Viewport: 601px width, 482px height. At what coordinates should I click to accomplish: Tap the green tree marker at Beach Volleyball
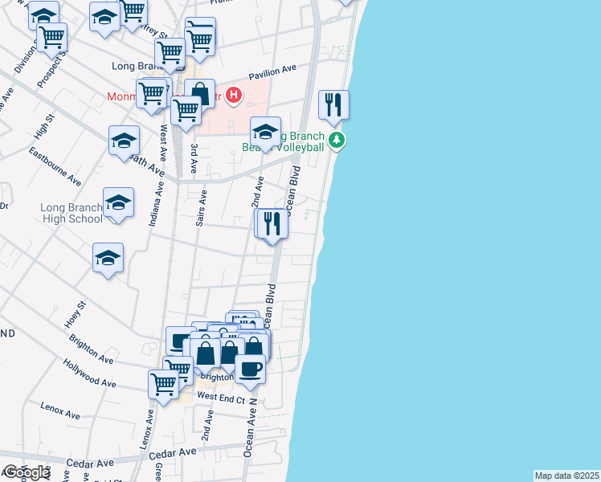coord(339,141)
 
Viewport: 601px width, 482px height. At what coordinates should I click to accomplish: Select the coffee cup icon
coord(250,369)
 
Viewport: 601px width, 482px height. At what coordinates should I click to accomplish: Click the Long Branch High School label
coord(72,213)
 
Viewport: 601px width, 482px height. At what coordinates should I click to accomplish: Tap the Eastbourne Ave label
coord(55,165)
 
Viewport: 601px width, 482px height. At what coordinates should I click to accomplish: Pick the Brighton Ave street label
coord(92,349)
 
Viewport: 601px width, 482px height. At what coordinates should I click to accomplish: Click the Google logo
coord(26,472)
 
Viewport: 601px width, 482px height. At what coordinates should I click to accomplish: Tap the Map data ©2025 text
coord(567,476)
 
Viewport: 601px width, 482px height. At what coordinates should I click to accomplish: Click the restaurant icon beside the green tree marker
coord(333,105)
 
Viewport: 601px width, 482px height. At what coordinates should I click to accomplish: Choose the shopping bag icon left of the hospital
coord(199,93)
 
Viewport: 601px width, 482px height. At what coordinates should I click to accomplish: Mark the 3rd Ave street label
coord(194,159)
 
